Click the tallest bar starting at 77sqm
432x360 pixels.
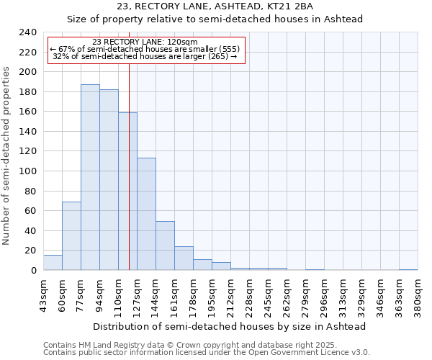[x=90, y=177]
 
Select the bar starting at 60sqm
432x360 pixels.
[x=71, y=236]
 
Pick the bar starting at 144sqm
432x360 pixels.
[x=165, y=246]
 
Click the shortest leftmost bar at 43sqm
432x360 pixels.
[x=53, y=263]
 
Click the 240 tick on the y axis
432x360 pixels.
[x=27, y=32]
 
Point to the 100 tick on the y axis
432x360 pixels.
[x=27, y=171]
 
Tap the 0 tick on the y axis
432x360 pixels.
[x=33, y=271]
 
